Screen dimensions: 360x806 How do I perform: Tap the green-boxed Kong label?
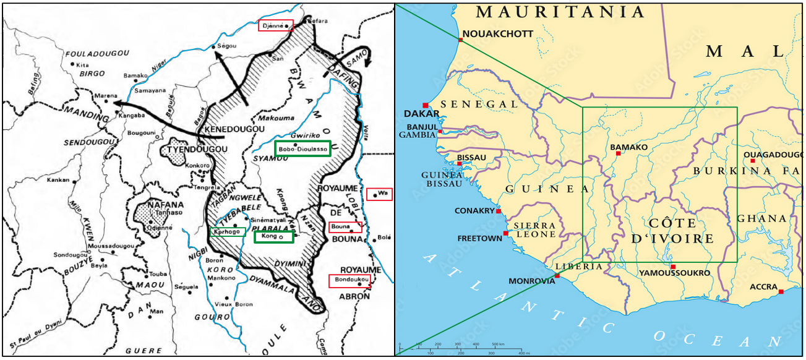(273, 236)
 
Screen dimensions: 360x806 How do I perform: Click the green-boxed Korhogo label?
(228, 232)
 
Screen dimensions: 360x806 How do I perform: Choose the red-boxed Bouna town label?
(345, 227)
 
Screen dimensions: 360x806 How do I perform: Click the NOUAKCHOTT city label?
(497, 34)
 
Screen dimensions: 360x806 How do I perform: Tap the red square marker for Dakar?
(425, 105)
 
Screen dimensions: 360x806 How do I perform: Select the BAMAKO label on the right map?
(628, 147)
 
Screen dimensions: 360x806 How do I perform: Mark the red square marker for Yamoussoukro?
(673, 267)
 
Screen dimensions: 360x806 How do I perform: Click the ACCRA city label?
(763, 287)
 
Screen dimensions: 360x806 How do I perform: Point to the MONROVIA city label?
(531, 281)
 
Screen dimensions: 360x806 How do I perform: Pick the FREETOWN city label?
(480, 238)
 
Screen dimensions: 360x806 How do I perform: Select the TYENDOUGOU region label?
(185, 149)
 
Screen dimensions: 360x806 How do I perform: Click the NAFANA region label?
(156, 205)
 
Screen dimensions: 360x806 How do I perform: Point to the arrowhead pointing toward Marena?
(116, 104)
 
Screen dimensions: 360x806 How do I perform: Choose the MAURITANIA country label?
(560, 12)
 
